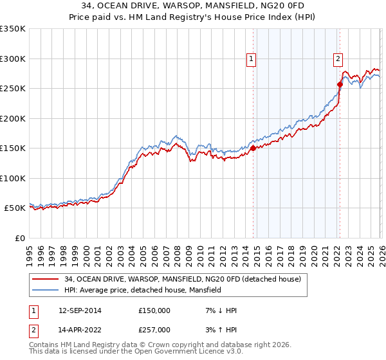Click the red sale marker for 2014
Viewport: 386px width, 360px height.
[253, 148]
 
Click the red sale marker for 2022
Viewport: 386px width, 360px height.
[340, 84]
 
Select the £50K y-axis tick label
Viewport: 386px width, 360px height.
[15, 208]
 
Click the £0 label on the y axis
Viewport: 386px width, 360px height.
[19, 238]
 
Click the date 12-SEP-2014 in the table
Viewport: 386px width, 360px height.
[79, 310]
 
